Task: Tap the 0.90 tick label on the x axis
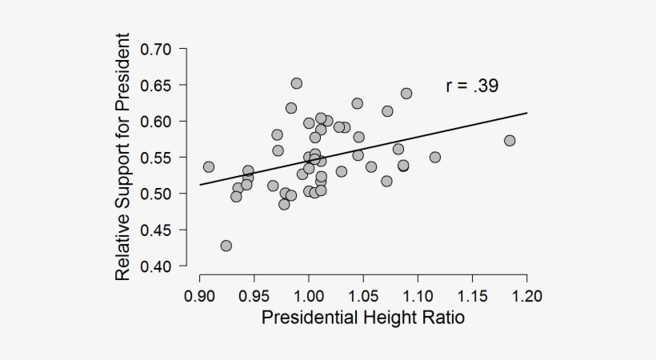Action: [x=199, y=297]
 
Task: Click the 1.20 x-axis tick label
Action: [x=526, y=297]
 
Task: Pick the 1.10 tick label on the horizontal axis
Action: [x=418, y=297]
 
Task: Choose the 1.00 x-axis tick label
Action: [x=308, y=297]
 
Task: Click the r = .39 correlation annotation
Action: [x=472, y=86]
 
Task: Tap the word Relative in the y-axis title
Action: [x=122, y=244]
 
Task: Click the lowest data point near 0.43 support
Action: [x=226, y=246]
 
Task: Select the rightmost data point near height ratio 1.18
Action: [x=510, y=141]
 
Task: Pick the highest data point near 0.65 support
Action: [x=297, y=83]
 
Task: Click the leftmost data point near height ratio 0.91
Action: [x=209, y=167]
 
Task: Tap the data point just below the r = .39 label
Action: [x=406, y=94]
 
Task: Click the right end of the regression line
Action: [x=527, y=113]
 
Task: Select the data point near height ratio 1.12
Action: [x=435, y=157]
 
